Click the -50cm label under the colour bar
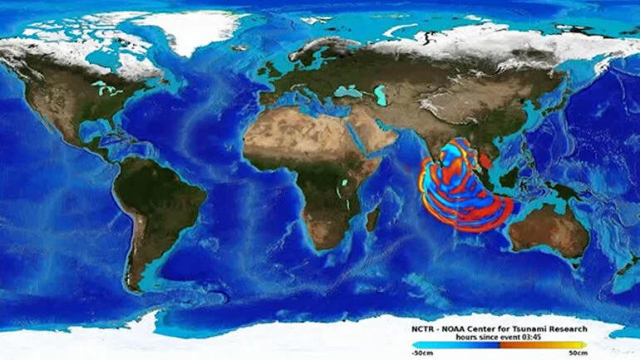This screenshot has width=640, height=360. [x=421, y=353]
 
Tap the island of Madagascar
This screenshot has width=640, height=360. [x=372, y=219]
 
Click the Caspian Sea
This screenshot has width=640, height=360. [x=380, y=96]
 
